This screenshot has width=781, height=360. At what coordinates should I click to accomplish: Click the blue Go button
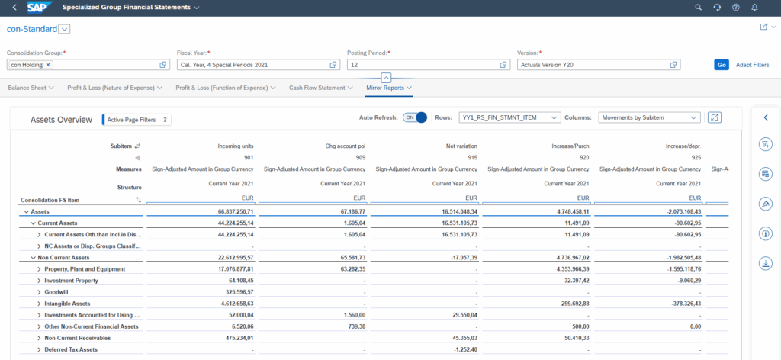coord(721,65)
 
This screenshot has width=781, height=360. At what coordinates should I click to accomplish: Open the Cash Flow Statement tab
coord(317,88)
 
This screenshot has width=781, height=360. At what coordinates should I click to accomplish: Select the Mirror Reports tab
coord(386,88)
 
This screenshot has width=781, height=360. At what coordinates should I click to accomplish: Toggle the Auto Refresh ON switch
coord(415,118)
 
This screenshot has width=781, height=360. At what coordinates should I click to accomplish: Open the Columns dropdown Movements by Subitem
coord(649,118)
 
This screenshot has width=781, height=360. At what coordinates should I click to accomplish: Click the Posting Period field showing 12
coord(423,65)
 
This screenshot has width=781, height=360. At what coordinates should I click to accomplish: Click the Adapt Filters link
coord(752,65)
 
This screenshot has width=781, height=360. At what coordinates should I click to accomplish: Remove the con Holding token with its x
coord(48,65)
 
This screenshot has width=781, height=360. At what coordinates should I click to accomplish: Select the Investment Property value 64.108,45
coord(236,281)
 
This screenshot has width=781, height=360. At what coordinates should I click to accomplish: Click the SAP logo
coord(38,8)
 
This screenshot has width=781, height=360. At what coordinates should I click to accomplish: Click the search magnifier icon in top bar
coord(698,8)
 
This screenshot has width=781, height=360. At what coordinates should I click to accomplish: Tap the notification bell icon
coord(754,8)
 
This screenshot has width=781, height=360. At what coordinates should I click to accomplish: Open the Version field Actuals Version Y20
coord(595,65)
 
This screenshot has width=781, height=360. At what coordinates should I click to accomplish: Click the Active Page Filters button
coord(137,120)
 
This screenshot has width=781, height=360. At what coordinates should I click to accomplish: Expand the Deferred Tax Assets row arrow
coord(39,349)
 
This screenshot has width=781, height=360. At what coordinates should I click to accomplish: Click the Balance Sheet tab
coord(30,88)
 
